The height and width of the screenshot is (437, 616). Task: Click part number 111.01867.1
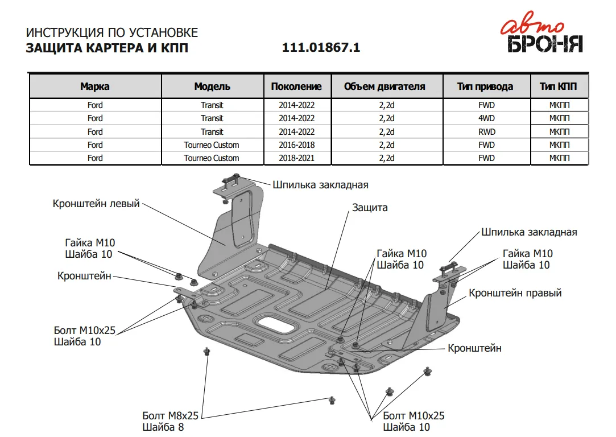coord(321,48)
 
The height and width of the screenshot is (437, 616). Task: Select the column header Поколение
coord(296,86)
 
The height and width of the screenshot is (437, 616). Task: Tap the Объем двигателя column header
coord(385,86)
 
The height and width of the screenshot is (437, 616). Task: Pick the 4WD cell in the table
coord(486,118)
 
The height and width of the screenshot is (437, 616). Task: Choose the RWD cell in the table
coord(486,131)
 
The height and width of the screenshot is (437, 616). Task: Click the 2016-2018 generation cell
coord(296,145)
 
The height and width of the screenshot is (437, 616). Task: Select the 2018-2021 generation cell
coord(296,158)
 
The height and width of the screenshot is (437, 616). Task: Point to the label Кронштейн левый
coord(96,204)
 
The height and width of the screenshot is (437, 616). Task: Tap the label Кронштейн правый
coord(515,293)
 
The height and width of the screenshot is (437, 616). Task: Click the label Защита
coord(370,208)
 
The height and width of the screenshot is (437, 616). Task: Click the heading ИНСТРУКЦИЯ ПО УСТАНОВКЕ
coord(112,32)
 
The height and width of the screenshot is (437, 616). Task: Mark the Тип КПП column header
coord(558,86)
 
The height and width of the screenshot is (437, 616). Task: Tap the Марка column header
coord(95,86)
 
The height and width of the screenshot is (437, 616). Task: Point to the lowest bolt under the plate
coord(332,400)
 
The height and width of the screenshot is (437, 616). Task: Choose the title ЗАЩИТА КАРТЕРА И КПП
coord(107,48)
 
